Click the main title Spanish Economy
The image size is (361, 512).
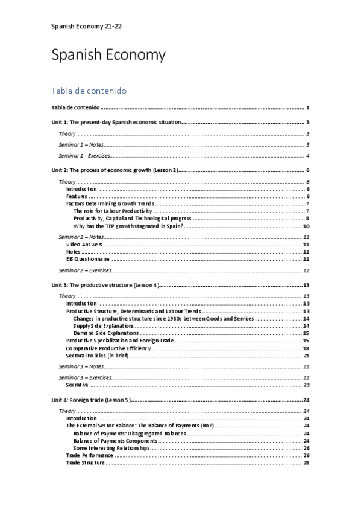pyautogui.click(x=108, y=56)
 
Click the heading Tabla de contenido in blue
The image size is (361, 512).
pyautogui.click(x=89, y=91)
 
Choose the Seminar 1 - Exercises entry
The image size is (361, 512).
pyautogui.click(x=84, y=156)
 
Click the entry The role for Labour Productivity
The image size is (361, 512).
pyautogui.click(x=112, y=211)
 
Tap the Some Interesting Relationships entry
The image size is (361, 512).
pyautogui.click(x=111, y=448)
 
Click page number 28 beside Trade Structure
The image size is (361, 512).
pyautogui.click(x=307, y=462)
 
